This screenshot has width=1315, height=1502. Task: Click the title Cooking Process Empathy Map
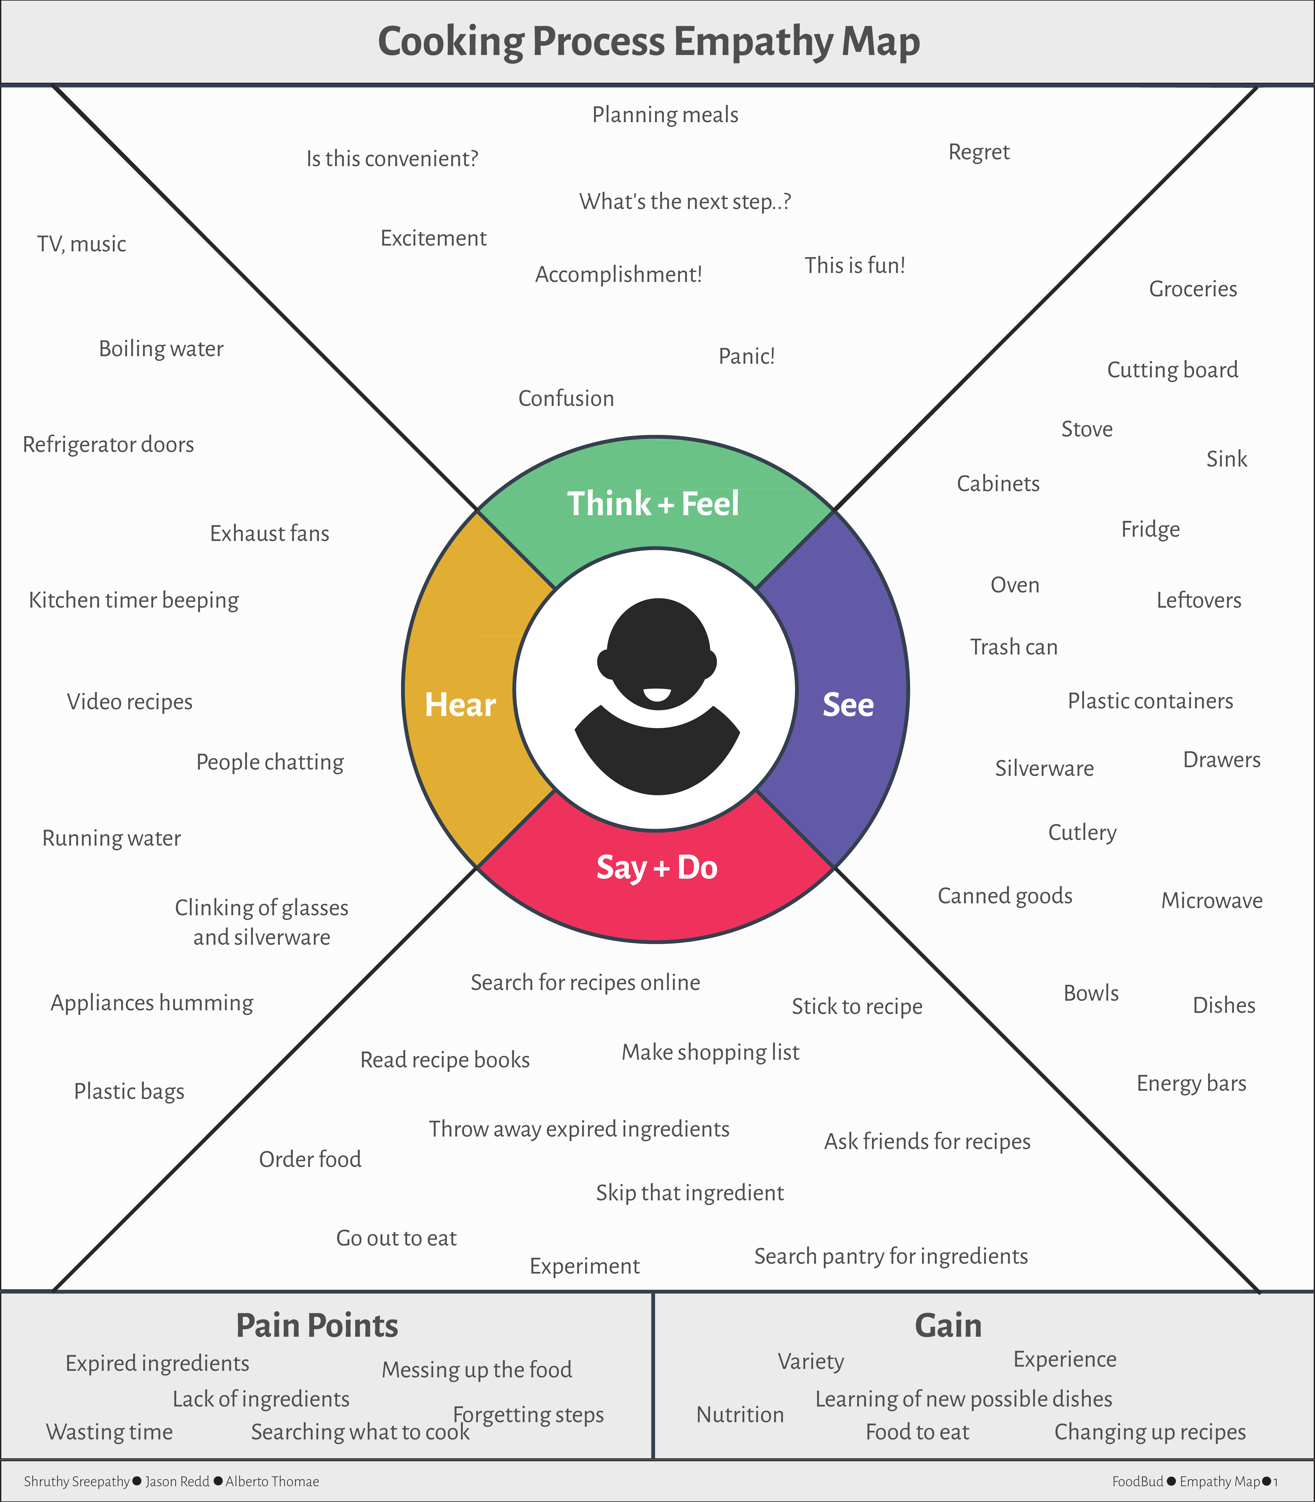(649, 42)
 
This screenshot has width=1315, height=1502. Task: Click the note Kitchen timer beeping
(134, 600)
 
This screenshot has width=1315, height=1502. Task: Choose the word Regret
(979, 153)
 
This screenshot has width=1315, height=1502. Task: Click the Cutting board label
(1173, 370)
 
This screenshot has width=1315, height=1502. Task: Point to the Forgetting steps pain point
(528, 1415)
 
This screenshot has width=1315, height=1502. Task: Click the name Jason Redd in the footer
(177, 1481)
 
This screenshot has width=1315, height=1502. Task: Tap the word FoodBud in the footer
(1138, 1481)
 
